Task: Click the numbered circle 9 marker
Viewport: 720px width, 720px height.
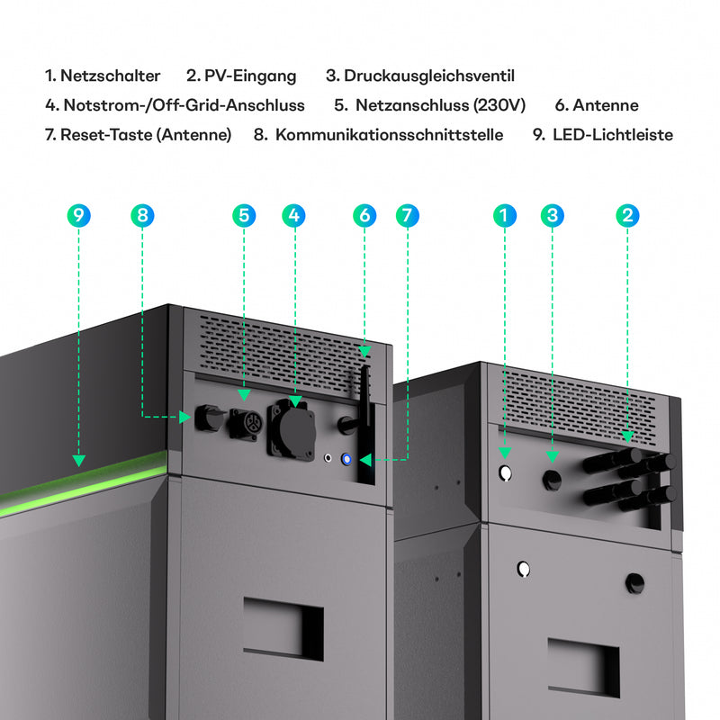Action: point(79,215)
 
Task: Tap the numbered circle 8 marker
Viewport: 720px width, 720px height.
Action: point(142,215)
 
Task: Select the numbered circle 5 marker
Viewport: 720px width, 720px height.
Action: point(244,215)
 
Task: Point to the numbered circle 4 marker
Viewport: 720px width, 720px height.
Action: point(292,215)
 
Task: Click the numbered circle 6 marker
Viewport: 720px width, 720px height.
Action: point(364,215)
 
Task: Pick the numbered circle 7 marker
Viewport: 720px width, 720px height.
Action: point(408,215)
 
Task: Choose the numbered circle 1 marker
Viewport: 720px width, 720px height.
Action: point(505,215)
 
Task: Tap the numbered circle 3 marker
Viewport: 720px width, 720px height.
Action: point(553,215)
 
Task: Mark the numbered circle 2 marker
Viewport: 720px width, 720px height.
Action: point(628,215)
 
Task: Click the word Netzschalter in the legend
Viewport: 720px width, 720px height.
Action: point(110,76)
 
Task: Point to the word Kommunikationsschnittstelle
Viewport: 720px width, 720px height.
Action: point(389,135)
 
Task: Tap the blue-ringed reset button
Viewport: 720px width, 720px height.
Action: point(346,460)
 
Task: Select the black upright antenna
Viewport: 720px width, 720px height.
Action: point(364,414)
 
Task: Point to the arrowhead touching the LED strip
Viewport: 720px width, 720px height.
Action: point(79,460)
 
